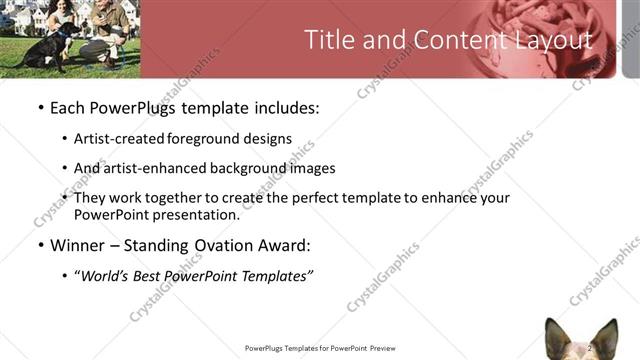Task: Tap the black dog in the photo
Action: tap(46, 50)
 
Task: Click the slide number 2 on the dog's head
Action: tap(590, 347)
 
